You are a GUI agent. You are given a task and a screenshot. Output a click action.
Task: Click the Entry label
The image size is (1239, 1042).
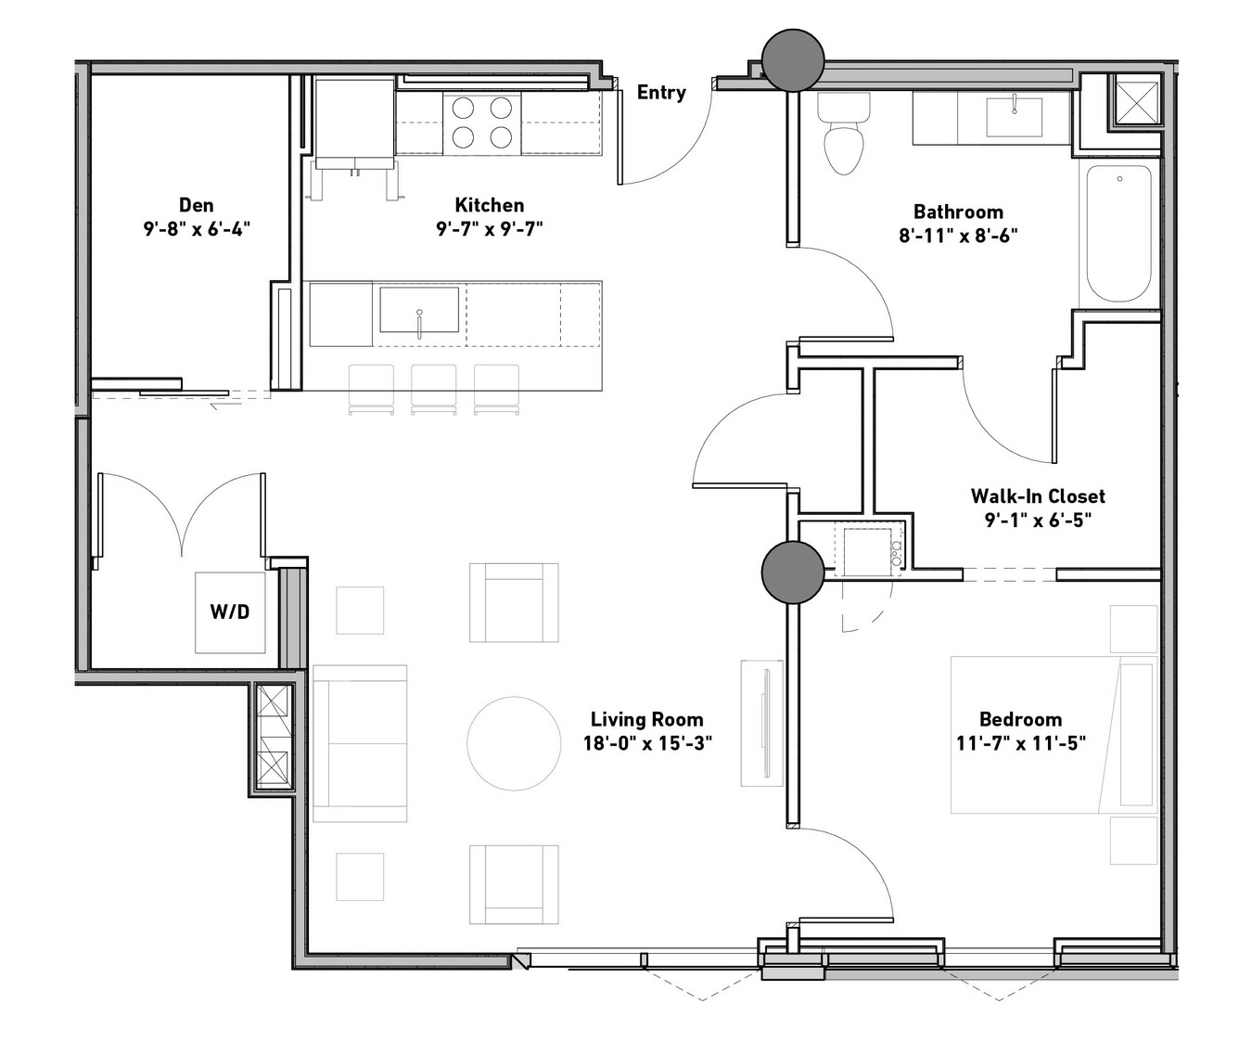pyautogui.click(x=661, y=93)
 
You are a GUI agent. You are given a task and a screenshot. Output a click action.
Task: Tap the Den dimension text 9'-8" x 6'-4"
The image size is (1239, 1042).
pyautogui.click(x=197, y=228)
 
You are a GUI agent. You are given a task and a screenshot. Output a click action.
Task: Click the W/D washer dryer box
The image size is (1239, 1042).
pyautogui.click(x=230, y=612)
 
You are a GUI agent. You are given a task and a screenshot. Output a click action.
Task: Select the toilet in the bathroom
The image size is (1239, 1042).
pyautogui.click(x=843, y=134)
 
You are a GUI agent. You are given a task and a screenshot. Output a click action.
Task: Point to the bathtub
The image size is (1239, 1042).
pyautogui.click(x=1119, y=233)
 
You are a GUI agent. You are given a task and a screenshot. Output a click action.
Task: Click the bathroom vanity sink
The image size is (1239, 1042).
pyautogui.click(x=1014, y=118)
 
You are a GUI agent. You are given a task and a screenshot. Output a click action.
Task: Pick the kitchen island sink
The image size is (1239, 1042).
pyautogui.click(x=419, y=310)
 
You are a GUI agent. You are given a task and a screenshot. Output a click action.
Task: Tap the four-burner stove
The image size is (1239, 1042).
pyautogui.click(x=482, y=122)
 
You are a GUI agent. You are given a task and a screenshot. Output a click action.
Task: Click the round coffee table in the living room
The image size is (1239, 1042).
pyautogui.click(x=514, y=743)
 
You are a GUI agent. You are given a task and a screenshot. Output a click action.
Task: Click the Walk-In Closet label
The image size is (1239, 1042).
pyautogui.click(x=1038, y=495)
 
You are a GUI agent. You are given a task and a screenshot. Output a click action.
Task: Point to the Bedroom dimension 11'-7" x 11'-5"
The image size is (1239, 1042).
pyautogui.click(x=1021, y=742)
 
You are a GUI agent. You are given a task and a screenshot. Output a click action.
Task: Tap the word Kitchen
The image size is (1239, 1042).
pyautogui.click(x=490, y=205)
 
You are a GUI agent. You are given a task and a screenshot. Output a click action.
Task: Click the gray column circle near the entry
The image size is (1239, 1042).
pyautogui.click(x=793, y=60)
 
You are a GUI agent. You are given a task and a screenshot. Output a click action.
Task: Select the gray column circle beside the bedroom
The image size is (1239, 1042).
pyautogui.click(x=793, y=572)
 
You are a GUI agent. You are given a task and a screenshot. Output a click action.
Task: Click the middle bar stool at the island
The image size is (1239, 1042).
pyautogui.click(x=434, y=390)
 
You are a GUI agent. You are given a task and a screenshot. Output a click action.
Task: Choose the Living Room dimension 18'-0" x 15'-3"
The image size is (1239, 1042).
pyautogui.click(x=647, y=742)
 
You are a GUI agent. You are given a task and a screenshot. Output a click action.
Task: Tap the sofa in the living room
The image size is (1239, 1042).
pyautogui.click(x=360, y=743)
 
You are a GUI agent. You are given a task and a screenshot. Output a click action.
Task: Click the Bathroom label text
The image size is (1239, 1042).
pyautogui.click(x=958, y=212)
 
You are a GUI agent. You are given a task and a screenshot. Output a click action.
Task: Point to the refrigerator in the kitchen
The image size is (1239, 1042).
pyautogui.click(x=355, y=122)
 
